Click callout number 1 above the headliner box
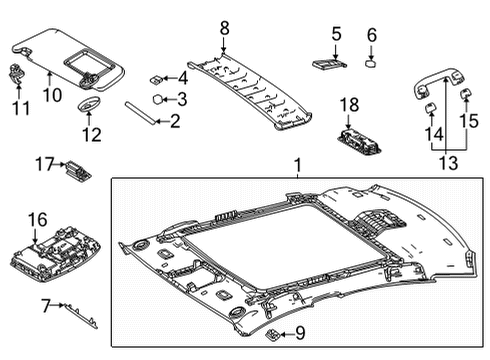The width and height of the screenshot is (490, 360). [295, 164]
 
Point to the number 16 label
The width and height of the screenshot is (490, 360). [35, 218]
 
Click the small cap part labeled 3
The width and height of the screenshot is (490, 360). [158, 99]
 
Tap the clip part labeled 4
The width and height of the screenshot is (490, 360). [158, 76]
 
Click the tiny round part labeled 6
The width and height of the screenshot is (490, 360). [371, 62]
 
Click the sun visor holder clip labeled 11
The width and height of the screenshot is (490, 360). [17, 70]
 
